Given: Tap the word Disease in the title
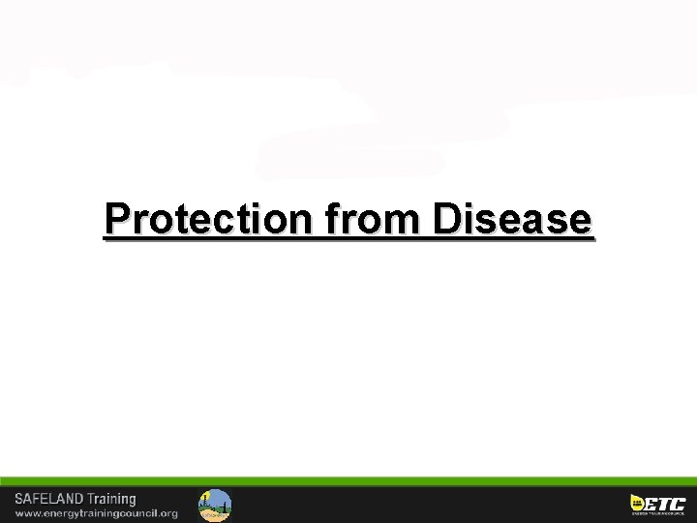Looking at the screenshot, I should tap(512, 220).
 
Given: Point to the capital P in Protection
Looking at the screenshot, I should tap(117, 220).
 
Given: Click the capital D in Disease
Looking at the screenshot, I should tap(447, 220).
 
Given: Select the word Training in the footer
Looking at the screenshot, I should tap(112, 499).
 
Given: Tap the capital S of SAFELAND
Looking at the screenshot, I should tap(19, 499).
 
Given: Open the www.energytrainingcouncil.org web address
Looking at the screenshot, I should tap(96, 513).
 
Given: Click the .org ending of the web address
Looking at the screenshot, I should tap(167, 513).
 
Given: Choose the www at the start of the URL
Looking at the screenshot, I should tap(26, 513).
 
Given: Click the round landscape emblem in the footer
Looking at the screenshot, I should tap(215, 505).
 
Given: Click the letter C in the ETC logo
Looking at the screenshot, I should tap(678, 503).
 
